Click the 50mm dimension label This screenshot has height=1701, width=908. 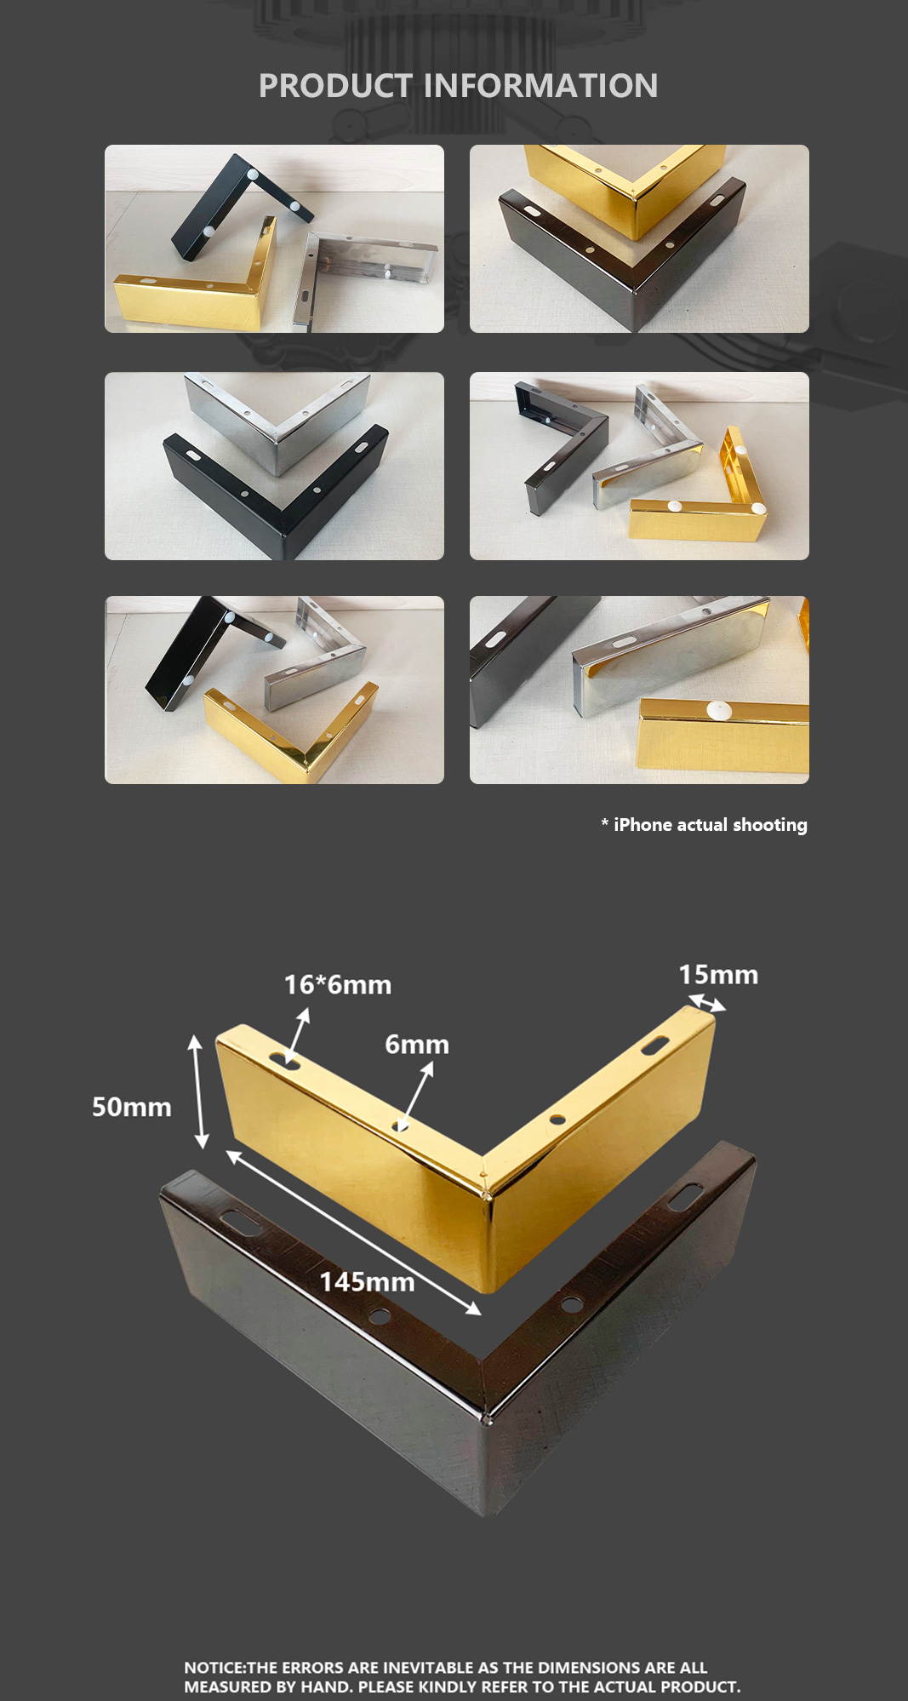click(132, 1107)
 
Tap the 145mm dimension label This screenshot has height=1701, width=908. click(368, 1282)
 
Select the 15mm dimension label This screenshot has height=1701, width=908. click(718, 975)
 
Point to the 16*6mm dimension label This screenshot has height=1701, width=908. click(338, 985)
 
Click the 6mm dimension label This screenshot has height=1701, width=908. click(417, 1045)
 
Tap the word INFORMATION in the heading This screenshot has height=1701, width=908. click(540, 86)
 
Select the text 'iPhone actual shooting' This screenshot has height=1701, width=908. click(711, 825)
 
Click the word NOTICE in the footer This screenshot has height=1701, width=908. click(214, 1667)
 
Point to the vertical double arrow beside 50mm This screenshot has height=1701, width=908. click(197, 1091)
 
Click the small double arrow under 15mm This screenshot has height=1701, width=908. click(707, 1003)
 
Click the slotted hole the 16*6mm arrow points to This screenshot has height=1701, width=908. click(285, 1060)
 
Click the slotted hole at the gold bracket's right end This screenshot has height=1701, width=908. click(655, 1045)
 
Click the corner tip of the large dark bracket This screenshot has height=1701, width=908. click(487, 1516)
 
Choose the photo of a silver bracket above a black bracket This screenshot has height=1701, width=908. click(274, 466)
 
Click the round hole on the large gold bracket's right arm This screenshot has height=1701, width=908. click(557, 1120)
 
